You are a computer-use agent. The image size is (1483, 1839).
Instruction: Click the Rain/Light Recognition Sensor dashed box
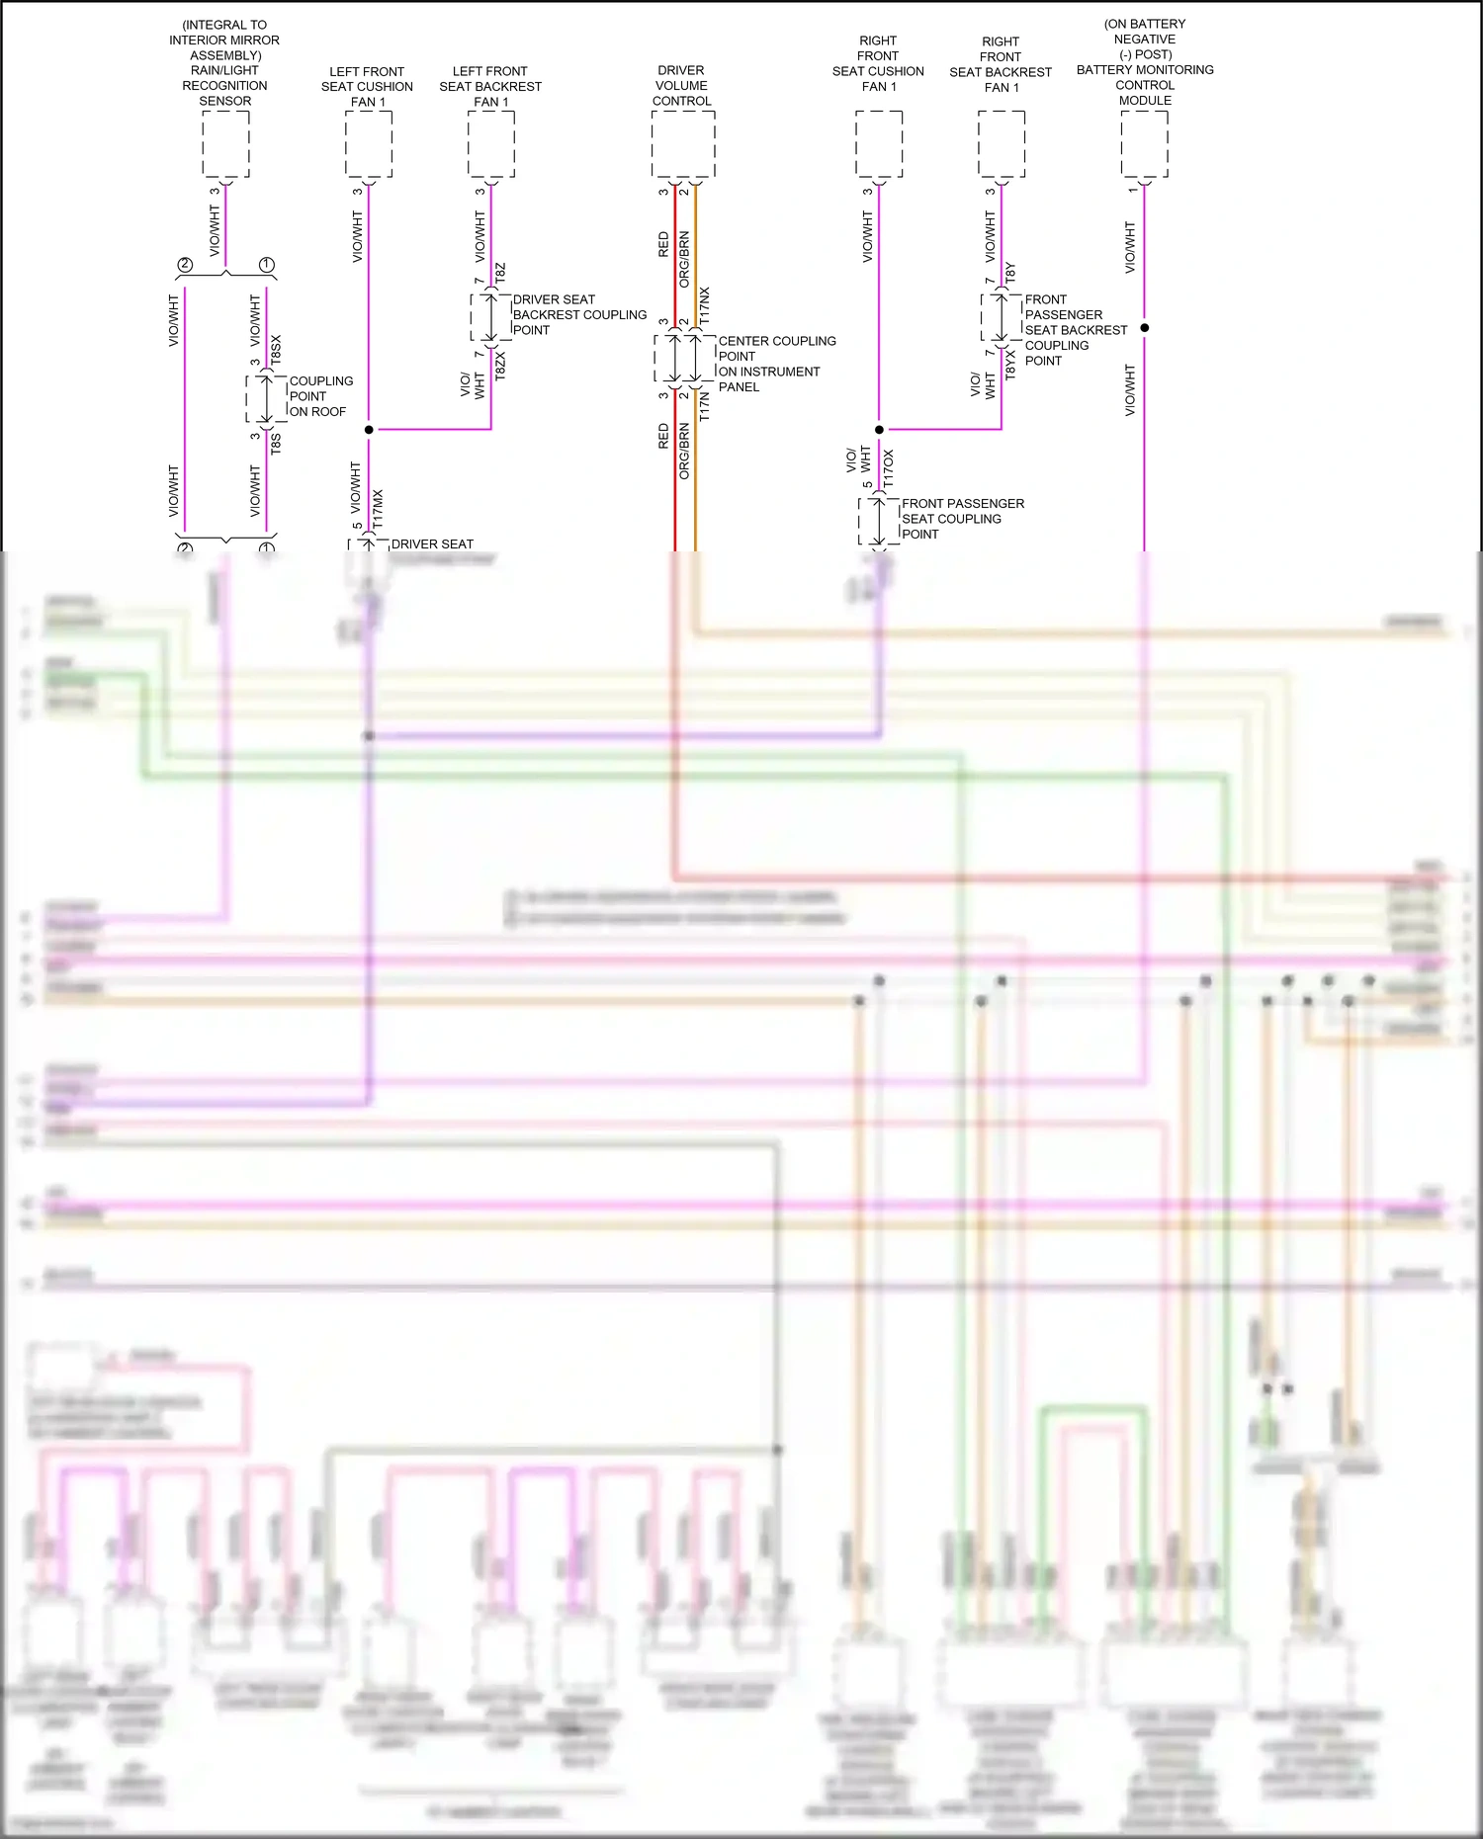[x=225, y=144]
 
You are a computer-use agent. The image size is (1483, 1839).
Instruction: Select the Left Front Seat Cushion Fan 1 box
[x=369, y=144]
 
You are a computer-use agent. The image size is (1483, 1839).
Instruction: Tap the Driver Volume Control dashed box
[x=683, y=144]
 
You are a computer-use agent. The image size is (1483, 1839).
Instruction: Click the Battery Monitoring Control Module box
[x=1144, y=144]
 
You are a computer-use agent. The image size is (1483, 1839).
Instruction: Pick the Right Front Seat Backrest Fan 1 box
[x=1002, y=144]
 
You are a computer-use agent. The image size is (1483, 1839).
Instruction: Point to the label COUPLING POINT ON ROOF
[x=319, y=396]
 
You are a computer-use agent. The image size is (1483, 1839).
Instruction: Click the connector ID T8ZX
[x=500, y=366]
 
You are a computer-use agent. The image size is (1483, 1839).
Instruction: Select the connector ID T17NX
[x=704, y=305]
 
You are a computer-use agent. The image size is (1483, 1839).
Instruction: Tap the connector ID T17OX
[x=888, y=467]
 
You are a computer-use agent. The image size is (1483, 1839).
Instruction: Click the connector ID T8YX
[x=1010, y=365]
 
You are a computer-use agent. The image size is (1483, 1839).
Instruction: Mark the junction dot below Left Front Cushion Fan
[x=369, y=430]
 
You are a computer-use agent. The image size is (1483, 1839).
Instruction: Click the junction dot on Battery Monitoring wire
[x=1145, y=327]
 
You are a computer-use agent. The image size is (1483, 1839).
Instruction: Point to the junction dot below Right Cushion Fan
[x=879, y=430]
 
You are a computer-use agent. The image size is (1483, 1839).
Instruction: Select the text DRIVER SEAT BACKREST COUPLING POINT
[x=578, y=314]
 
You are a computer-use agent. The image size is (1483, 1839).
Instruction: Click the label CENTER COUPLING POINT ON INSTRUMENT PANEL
[x=776, y=364]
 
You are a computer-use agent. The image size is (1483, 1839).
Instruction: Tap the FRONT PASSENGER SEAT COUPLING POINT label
[x=962, y=519]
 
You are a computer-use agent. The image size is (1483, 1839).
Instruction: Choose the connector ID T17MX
[x=378, y=510]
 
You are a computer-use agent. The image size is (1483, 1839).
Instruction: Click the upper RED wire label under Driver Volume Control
[x=663, y=244]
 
